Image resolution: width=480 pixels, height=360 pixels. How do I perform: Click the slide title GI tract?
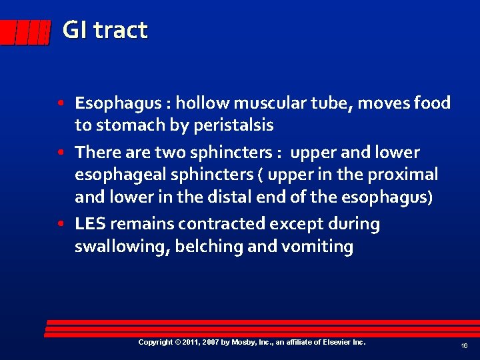[105, 30]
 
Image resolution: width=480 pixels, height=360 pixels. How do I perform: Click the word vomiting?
[317, 247]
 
